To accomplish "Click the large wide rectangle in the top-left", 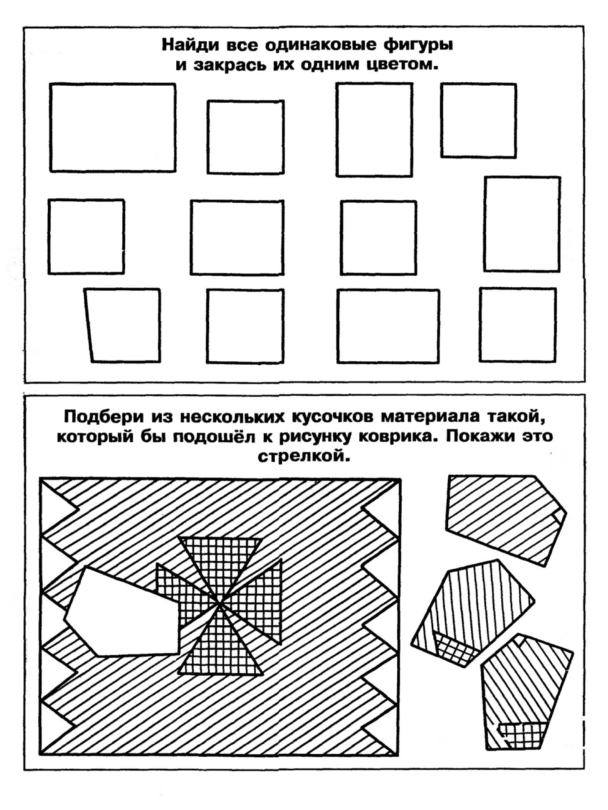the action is coord(113,128).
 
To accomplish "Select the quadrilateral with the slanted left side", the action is coord(122,326).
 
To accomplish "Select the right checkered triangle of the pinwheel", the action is coord(258,599).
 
